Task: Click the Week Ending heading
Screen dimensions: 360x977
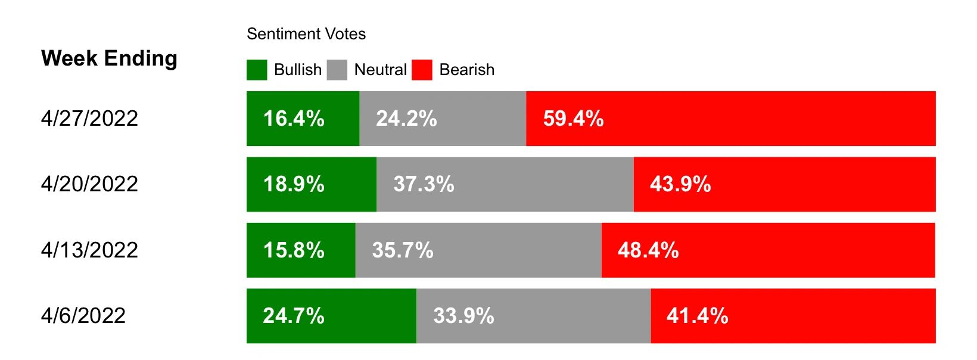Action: click(x=109, y=58)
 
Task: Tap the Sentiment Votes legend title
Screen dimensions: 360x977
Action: click(x=306, y=34)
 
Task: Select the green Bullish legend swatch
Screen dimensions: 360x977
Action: click(x=257, y=70)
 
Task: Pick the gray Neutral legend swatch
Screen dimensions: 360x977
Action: click(x=337, y=70)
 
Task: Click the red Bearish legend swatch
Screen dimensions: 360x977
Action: click(x=422, y=70)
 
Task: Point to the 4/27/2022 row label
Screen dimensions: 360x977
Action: click(x=89, y=118)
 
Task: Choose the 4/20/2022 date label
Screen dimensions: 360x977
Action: click(x=89, y=184)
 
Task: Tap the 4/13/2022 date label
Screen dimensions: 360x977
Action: click(x=89, y=250)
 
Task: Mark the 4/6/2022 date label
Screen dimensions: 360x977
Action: click(x=83, y=315)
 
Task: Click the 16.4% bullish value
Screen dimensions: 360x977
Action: click(x=294, y=119)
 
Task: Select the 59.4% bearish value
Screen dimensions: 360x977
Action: click(x=573, y=119)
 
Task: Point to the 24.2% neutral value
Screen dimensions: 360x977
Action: click(x=406, y=119)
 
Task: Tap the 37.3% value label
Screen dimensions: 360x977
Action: click(x=424, y=184)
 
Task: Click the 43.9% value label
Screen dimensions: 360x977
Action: click(x=680, y=184)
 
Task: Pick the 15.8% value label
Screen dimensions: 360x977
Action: click(x=294, y=250)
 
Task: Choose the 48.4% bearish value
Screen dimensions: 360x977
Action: click(x=648, y=250)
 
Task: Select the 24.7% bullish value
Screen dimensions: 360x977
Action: click(x=294, y=316)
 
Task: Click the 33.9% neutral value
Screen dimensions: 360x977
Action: click(x=463, y=316)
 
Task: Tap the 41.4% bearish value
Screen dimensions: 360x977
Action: click(x=697, y=316)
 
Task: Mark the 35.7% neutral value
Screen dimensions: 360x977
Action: click(x=403, y=250)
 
